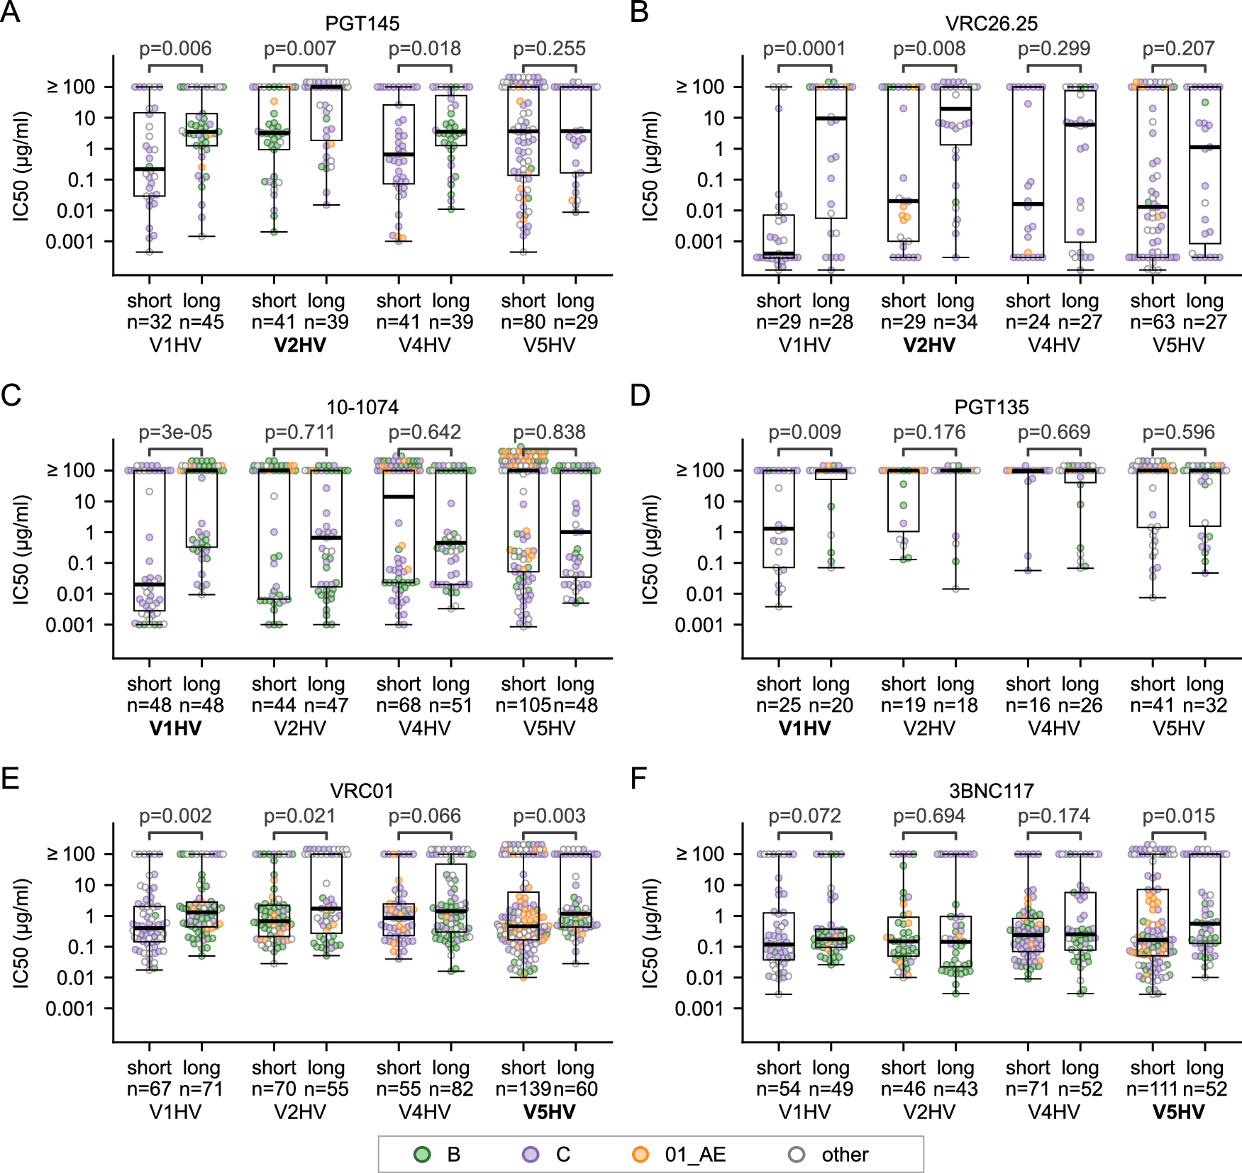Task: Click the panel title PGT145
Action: click(362, 23)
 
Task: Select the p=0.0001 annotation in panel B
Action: click(804, 49)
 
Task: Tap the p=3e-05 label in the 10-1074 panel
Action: click(175, 433)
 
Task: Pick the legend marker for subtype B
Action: click(422, 1155)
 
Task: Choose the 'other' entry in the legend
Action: click(844, 1155)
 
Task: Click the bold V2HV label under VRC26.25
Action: click(928, 345)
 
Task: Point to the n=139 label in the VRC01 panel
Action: click(523, 1089)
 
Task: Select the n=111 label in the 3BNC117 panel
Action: click(1151, 1089)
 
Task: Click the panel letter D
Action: click(640, 395)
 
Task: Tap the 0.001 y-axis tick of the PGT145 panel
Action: click(70, 242)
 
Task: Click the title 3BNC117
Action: click(991, 791)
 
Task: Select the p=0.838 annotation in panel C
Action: click(549, 433)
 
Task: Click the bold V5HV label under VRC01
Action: click(549, 1112)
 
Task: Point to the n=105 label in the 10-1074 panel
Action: click(523, 706)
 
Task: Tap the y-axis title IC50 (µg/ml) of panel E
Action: click(21, 933)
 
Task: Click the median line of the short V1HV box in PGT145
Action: click(150, 169)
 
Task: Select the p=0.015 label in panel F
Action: click(1178, 816)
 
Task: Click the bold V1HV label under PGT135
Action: click(804, 728)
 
